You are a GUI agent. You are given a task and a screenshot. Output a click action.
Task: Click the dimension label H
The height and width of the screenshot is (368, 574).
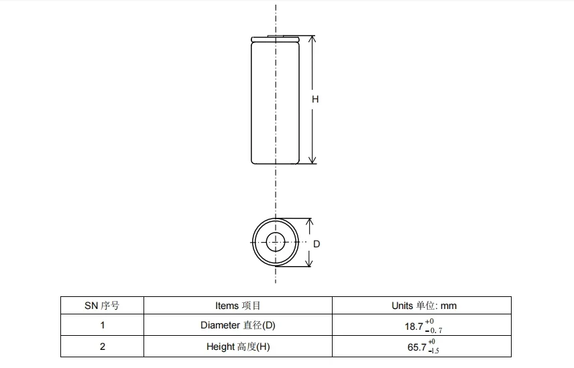(x=315, y=99)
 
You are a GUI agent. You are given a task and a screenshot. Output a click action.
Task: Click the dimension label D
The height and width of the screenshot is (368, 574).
(x=317, y=244)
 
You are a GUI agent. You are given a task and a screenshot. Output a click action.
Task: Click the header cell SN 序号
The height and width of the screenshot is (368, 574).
(x=102, y=306)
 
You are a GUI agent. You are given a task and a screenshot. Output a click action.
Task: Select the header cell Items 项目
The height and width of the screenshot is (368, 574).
(x=237, y=306)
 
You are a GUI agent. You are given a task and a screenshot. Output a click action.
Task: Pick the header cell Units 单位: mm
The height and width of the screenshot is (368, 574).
(x=424, y=306)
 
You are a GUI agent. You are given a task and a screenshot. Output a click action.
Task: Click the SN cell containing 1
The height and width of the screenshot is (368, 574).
(x=102, y=326)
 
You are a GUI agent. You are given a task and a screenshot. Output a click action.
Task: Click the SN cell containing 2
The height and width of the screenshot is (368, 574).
(x=102, y=347)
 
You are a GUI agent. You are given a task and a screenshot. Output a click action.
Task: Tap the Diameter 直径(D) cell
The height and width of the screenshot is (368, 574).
(x=237, y=326)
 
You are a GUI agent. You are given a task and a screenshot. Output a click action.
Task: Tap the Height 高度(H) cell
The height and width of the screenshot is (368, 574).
(x=237, y=347)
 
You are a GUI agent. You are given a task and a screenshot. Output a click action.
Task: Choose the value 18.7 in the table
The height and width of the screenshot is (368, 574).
(x=414, y=326)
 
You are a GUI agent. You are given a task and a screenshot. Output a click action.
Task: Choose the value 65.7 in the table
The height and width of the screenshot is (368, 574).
(x=414, y=348)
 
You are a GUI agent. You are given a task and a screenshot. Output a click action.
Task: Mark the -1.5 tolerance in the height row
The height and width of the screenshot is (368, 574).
(x=434, y=351)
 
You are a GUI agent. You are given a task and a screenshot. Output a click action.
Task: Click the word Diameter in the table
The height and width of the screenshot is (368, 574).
(x=220, y=326)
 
